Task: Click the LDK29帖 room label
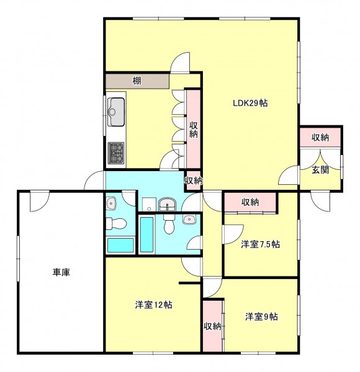tap(250, 103)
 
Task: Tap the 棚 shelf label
tap(137, 81)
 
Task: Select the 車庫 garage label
tap(61, 272)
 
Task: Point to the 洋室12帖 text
tap(154, 304)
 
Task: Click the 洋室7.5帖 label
tap(260, 244)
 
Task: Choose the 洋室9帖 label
tap(261, 316)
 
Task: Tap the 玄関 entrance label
tap(320, 170)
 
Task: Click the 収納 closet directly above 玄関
tap(320, 137)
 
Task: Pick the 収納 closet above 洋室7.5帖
tap(250, 202)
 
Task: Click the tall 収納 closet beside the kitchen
tap(193, 130)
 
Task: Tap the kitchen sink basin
tap(116, 112)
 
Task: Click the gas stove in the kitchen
tap(116, 153)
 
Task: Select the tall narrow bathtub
tap(146, 234)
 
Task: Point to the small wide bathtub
tap(120, 245)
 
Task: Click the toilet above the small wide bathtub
tap(116, 223)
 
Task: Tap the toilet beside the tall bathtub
tap(168, 224)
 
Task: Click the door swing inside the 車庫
tap(40, 201)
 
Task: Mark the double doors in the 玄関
tap(320, 159)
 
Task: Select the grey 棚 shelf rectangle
tap(137, 81)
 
